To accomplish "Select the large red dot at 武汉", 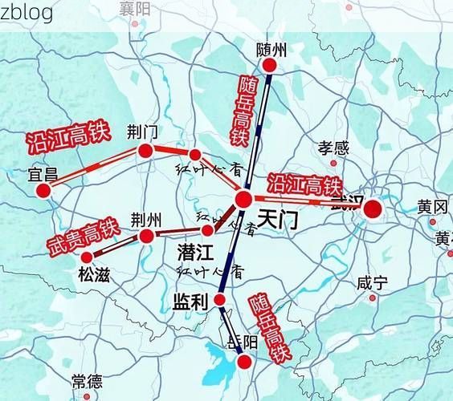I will (x=372, y=209).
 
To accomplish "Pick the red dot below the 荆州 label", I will (x=146, y=236).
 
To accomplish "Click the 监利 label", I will (x=190, y=302).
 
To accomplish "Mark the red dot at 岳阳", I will (x=245, y=362).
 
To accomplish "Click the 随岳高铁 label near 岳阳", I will (x=268, y=326).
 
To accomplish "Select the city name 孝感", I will (x=333, y=148).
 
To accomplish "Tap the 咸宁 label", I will (x=372, y=283).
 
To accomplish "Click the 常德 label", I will (x=86, y=381).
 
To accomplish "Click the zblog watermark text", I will (x=27, y=11).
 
